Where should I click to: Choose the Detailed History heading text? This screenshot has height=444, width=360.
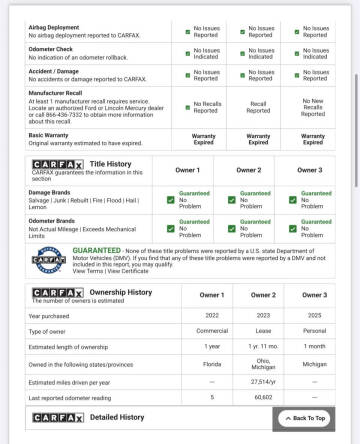[x=117, y=417]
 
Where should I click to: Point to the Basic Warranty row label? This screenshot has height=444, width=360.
[x=50, y=134]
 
